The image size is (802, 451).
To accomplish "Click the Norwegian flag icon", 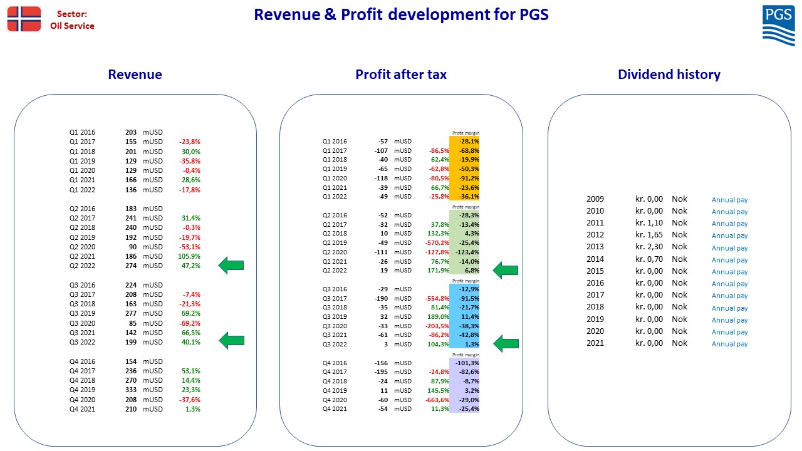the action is (24, 19).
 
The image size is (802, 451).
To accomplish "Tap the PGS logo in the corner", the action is (778, 26).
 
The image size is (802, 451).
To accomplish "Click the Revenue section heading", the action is (135, 75).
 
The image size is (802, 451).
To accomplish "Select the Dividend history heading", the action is (669, 75).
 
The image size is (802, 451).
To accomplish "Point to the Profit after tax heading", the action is (400, 75).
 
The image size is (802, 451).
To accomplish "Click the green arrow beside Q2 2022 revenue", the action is (231, 265).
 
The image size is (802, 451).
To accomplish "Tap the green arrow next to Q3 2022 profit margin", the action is (506, 344).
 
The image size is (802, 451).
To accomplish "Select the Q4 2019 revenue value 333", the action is (131, 390).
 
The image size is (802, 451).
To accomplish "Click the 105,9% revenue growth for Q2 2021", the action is (189, 256).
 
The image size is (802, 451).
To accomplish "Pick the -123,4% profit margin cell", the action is (467, 252).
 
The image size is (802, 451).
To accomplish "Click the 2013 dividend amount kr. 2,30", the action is (648, 247).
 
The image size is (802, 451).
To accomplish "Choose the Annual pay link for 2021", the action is (729, 344).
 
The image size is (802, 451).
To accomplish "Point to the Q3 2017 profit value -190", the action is (382, 299).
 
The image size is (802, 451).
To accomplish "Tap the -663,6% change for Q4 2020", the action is (437, 400).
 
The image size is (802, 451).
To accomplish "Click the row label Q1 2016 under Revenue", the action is (82, 132).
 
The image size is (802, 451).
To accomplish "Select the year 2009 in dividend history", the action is (595, 199).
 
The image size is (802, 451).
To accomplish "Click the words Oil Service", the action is (72, 26).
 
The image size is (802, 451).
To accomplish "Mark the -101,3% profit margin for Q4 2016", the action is (467, 363).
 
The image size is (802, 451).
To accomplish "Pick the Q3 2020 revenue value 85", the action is (132, 323).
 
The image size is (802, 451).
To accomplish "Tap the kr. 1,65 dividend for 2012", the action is (648, 235).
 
